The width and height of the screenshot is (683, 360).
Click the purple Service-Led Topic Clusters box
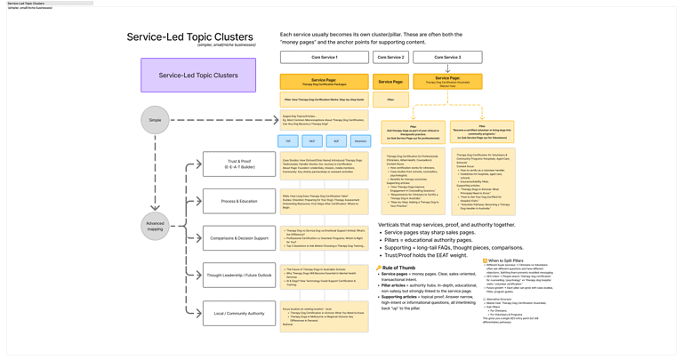click(198, 76)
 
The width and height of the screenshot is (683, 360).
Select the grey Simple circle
click(155, 120)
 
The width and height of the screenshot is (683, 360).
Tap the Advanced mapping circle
click(155, 226)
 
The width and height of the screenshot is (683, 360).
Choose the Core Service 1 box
click(324, 57)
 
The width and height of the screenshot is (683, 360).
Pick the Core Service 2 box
click(390, 57)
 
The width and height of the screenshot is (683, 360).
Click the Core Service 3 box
click(447, 57)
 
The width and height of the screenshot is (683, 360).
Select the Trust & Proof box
click(239, 164)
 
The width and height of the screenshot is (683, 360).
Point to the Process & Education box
click(239, 201)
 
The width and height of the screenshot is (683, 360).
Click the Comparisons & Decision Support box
click(239, 238)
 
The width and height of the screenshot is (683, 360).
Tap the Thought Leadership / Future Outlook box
click(239, 276)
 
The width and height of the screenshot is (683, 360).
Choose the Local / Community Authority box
click(239, 313)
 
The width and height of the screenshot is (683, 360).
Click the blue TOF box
click(288, 140)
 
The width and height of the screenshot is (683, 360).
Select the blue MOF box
click(312, 140)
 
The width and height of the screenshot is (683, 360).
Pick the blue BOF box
click(336, 140)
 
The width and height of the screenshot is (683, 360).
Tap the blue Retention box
click(360, 140)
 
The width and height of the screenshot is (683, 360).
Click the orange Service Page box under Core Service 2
click(390, 82)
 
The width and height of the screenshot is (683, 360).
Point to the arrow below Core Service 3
click(447, 68)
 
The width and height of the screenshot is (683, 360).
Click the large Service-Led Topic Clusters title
click(190, 37)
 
